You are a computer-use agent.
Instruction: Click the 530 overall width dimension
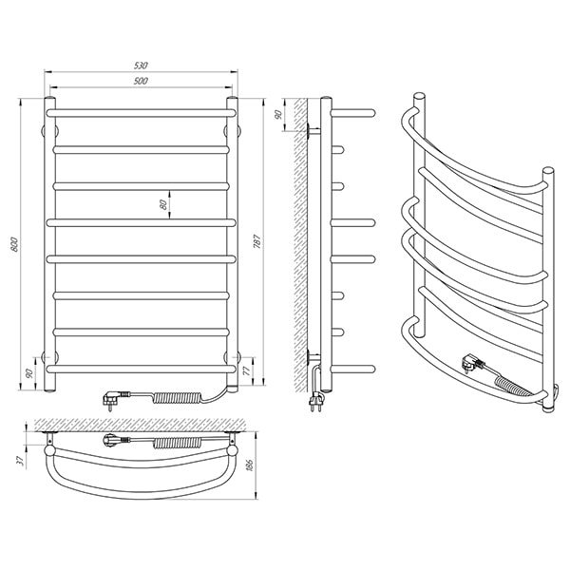coord(141,66)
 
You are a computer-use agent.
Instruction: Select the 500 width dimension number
coord(141,81)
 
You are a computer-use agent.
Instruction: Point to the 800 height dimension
coord(14,244)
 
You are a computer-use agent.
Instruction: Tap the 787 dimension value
coord(257,241)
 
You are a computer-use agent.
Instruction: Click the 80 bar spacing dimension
coord(164,204)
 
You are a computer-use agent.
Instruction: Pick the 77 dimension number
coord(246,370)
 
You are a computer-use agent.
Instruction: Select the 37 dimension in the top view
coord(21,461)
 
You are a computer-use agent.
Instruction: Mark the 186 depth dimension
coord(249,465)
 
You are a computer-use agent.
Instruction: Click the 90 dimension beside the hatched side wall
coord(278,115)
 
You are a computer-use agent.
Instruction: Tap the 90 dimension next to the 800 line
coord(29,373)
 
